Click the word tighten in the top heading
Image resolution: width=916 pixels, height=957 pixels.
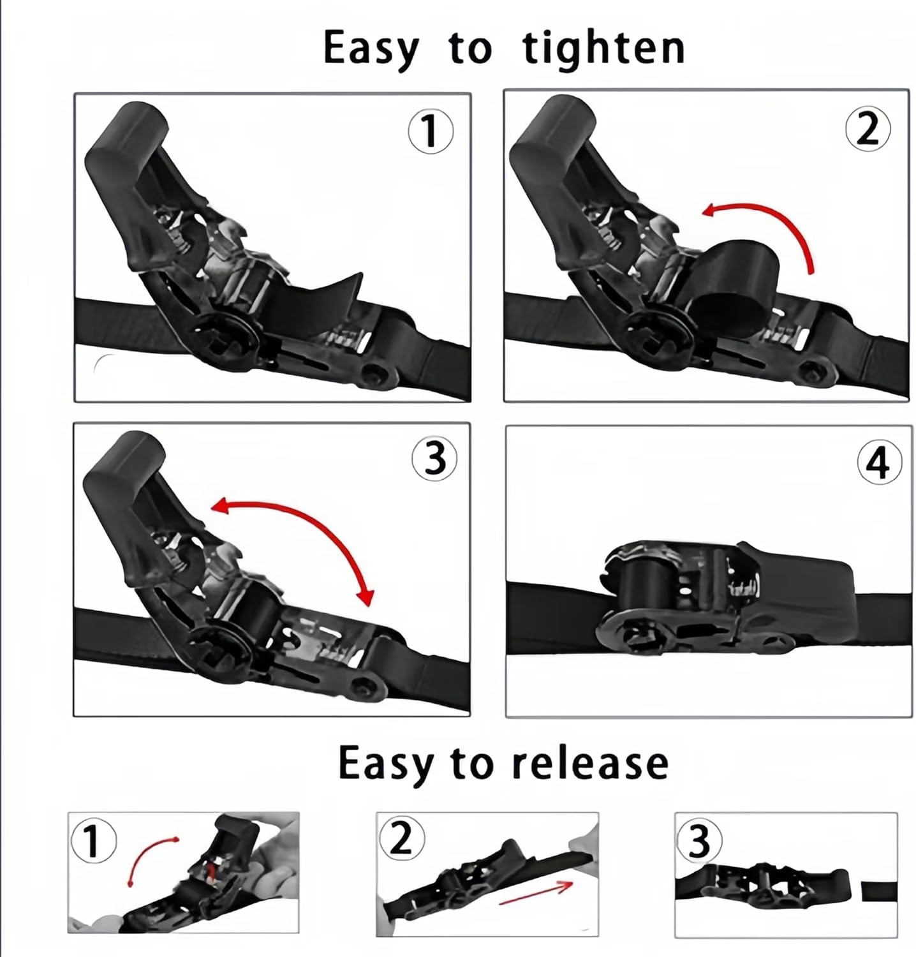click(x=603, y=48)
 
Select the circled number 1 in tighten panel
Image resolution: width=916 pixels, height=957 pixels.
click(x=431, y=131)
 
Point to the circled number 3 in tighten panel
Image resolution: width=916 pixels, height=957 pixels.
click(x=434, y=459)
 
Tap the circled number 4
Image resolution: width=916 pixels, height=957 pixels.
click(x=878, y=463)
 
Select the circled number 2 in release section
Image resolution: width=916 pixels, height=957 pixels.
click(x=401, y=838)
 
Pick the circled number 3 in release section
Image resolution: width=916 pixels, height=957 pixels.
click(x=699, y=840)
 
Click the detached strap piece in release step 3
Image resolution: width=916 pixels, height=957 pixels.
click(x=878, y=891)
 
